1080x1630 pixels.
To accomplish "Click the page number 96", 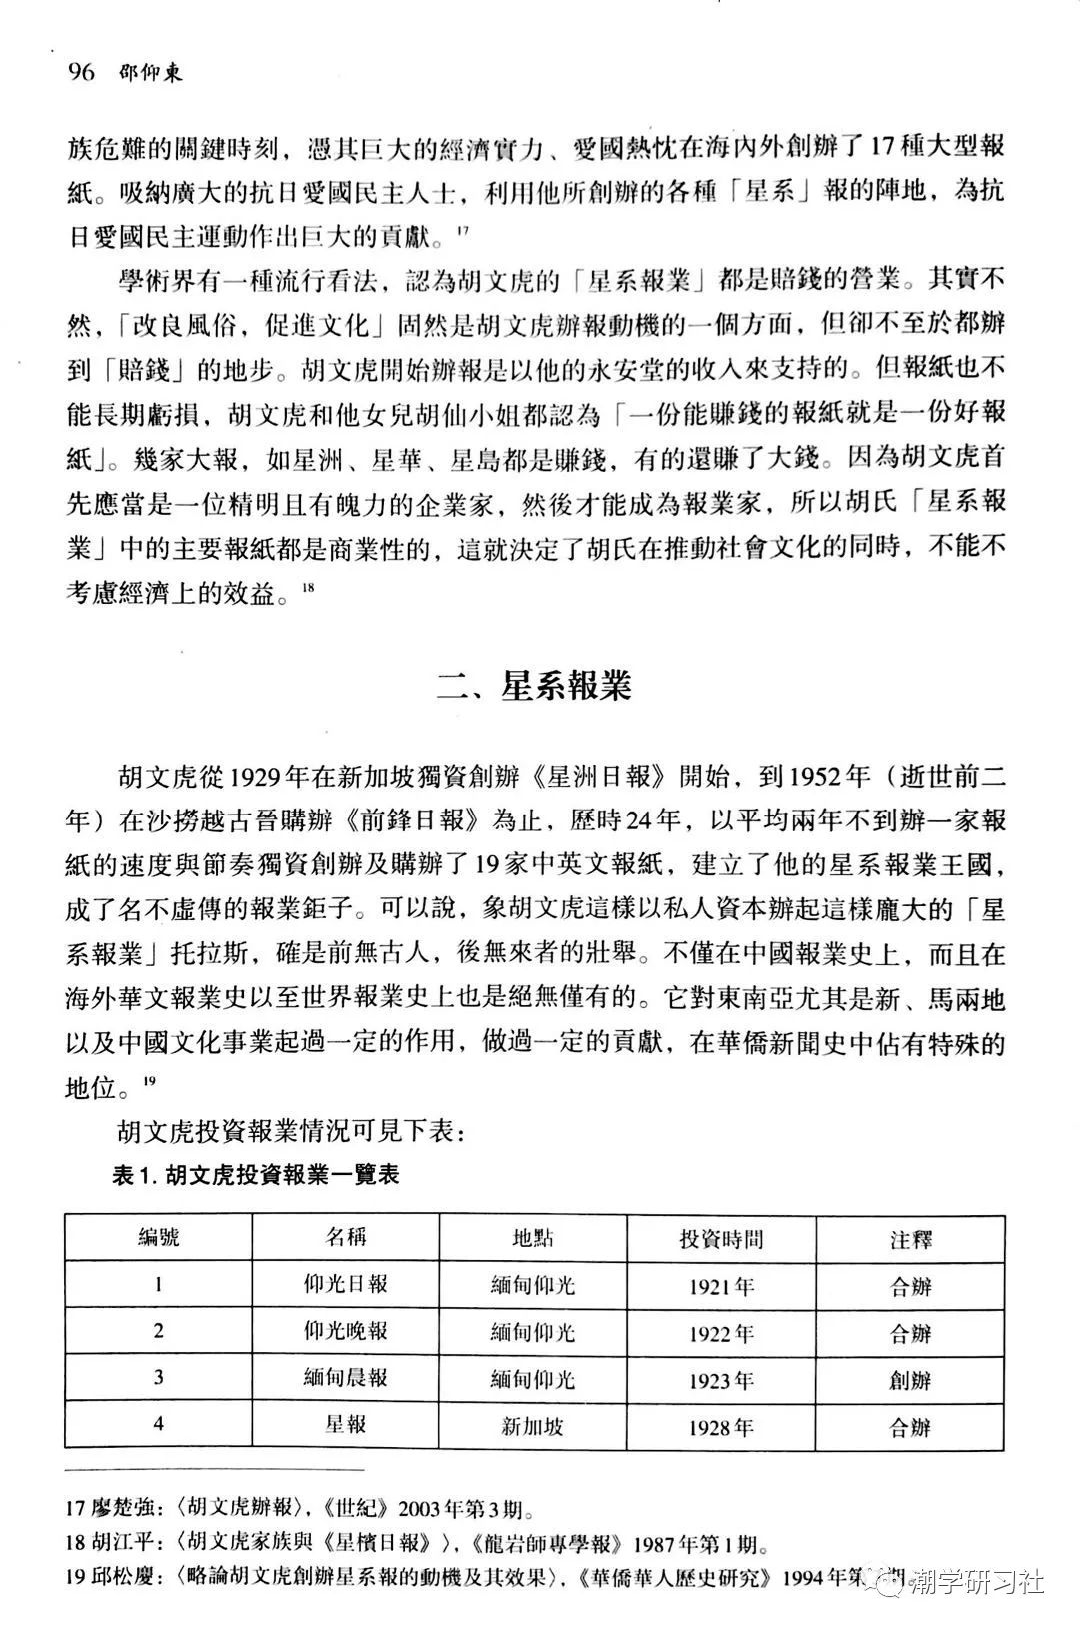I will pyautogui.click(x=80, y=73).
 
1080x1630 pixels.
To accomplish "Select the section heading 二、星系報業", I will pyautogui.click(x=535, y=687).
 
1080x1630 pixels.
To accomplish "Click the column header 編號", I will pyautogui.click(x=158, y=1237).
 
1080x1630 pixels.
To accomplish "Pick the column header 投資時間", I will pyautogui.click(x=721, y=1239).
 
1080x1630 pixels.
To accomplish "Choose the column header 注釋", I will pyautogui.click(x=910, y=1240).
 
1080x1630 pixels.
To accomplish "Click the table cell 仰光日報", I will pyautogui.click(x=345, y=1284).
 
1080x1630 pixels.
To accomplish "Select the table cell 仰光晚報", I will pyautogui.click(x=345, y=1331).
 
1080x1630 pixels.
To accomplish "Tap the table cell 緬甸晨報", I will pyautogui.click(x=345, y=1378).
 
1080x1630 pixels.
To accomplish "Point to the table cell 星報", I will pyautogui.click(x=345, y=1424).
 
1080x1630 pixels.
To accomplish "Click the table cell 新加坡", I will pyautogui.click(x=533, y=1426).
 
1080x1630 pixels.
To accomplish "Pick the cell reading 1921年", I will pyautogui.click(x=721, y=1287).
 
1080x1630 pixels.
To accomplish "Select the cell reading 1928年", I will pyautogui.click(x=721, y=1427).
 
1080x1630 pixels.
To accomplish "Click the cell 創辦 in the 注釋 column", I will pyautogui.click(x=910, y=1380).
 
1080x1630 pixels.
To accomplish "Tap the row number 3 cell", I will pyautogui.click(x=158, y=1377).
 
